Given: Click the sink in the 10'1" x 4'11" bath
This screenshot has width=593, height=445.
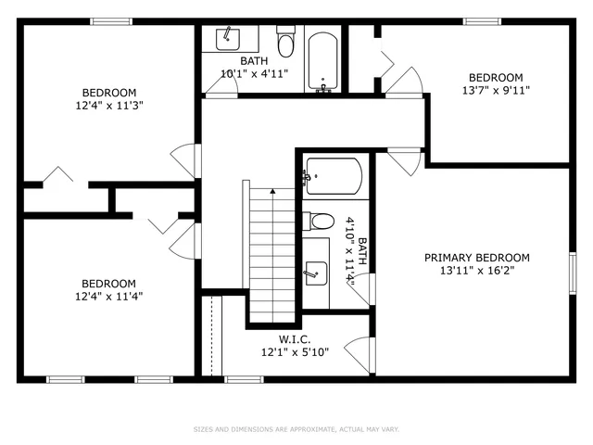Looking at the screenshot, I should click(226, 39).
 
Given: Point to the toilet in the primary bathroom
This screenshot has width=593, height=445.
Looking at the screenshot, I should click(321, 222).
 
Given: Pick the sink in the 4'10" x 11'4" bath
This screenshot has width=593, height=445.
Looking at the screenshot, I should click(315, 271).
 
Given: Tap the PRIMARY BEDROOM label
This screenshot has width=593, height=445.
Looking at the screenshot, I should click(476, 258).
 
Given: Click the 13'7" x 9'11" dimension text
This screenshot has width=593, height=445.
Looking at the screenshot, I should click(495, 91).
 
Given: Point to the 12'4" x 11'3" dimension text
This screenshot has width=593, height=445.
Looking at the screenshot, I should click(109, 106).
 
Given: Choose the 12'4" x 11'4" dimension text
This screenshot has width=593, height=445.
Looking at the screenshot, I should click(109, 297).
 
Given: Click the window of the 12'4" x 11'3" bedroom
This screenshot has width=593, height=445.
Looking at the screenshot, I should click(109, 21).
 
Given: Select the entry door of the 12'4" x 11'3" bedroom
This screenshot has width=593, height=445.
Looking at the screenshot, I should click(185, 159).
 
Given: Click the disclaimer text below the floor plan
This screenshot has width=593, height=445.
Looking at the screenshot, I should click(296, 429).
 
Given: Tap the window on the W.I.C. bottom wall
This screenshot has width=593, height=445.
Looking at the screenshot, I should click(243, 378).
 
